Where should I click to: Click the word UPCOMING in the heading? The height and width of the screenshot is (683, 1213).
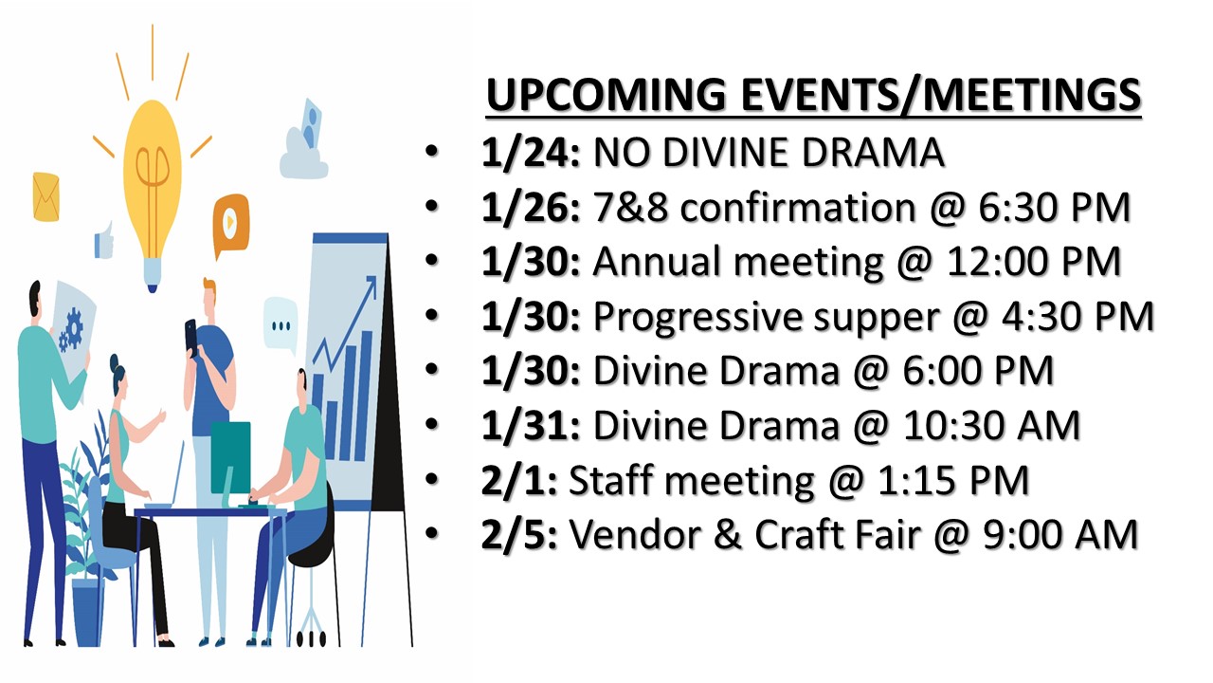(x=606, y=94)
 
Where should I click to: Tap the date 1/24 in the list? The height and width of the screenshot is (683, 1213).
(x=530, y=153)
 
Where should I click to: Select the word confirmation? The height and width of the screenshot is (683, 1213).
(x=797, y=207)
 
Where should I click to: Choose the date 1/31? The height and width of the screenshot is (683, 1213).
(x=530, y=426)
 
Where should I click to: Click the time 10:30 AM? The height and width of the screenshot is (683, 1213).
(x=991, y=426)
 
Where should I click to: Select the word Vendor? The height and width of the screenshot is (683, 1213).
(x=635, y=534)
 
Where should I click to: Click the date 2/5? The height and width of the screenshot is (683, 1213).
(x=518, y=535)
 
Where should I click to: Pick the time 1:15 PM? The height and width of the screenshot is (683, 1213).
(x=952, y=480)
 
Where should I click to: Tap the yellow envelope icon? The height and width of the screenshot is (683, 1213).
(x=46, y=196)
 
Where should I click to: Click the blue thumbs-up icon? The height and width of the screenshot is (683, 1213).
(x=104, y=241)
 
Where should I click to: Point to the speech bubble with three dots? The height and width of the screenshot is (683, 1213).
(x=281, y=324)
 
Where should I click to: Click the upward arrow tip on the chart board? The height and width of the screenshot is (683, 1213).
(x=373, y=278)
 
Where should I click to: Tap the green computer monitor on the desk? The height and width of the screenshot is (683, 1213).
(x=230, y=458)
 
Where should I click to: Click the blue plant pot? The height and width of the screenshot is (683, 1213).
(x=86, y=612)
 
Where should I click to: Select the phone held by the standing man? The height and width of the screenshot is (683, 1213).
(x=191, y=336)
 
